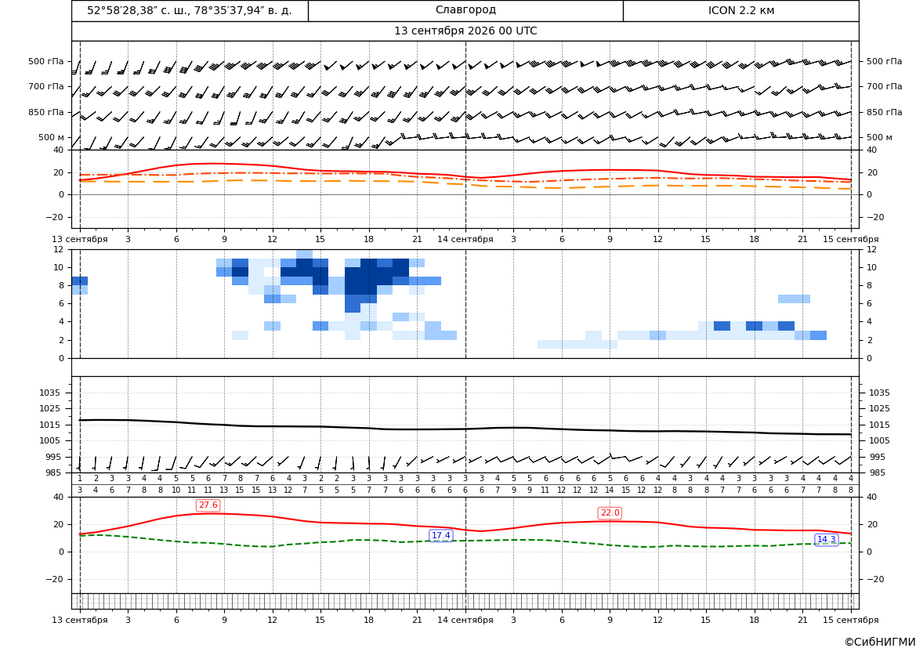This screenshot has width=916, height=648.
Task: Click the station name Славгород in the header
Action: (x=465, y=10)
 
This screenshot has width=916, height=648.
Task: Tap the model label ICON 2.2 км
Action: (x=740, y=10)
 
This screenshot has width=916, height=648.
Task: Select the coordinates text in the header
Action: (x=190, y=10)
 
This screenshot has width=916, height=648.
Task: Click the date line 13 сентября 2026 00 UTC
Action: (x=465, y=31)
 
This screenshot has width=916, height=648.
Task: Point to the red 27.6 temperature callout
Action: (x=208, y=505)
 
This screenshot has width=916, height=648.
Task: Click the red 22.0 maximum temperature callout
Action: (x=610, y=513)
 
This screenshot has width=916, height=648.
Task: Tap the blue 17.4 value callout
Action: (x=440, y=535)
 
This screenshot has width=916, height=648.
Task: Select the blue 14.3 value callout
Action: (x=826, y=539)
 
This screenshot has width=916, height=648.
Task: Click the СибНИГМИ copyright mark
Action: (x=880, y=643)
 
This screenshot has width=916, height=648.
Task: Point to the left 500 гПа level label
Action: (x=46, y=61)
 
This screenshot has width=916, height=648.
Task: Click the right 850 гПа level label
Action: (x=885, y=112)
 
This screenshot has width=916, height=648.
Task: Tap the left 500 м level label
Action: (x=52, y=137)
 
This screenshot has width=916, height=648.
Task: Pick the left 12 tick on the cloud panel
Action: (x=59, y=249)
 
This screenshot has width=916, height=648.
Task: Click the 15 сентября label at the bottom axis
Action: (x=851, y=620)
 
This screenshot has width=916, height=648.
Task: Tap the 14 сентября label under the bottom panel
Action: (x=465, y=620)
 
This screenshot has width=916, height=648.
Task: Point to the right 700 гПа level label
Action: (x=885, y=86)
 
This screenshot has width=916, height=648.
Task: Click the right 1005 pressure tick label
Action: (x=879, y=440)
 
